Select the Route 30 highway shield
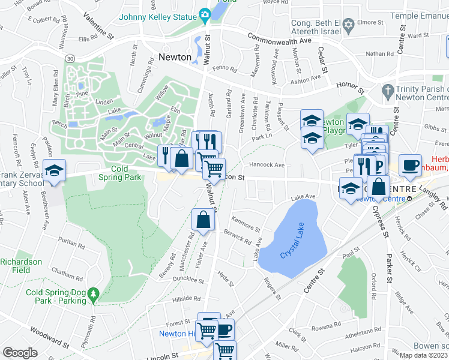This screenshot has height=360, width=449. pos(70,58)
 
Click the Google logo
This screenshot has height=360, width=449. pos(20,353)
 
